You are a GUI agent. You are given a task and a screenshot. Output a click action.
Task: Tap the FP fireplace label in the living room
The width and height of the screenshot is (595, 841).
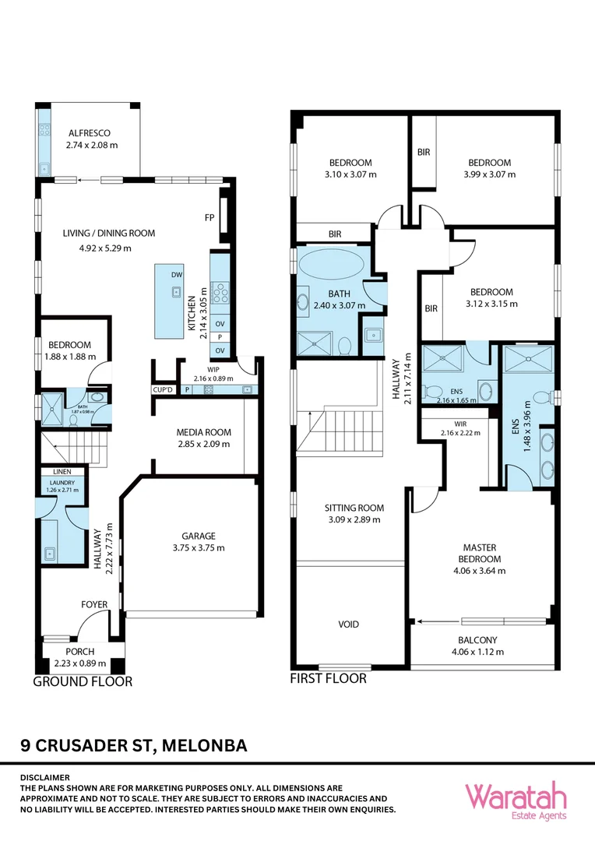coord(209,217)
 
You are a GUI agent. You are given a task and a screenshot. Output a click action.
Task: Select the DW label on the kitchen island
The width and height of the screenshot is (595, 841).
coord(177,275)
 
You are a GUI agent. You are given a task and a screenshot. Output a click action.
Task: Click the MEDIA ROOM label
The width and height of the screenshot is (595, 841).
coord(204,432)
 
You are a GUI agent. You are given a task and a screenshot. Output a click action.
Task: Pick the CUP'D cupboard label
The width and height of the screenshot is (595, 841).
coord(163,389)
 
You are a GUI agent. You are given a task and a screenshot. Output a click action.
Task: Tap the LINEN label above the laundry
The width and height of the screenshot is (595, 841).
coord(62,472)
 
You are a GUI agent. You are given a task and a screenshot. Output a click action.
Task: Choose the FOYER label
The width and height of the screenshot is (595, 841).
coord(94,604)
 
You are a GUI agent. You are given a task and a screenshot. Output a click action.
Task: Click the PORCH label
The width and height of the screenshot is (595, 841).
coord(80,652)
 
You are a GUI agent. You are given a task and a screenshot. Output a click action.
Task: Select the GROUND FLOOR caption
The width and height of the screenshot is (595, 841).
coord(83,681)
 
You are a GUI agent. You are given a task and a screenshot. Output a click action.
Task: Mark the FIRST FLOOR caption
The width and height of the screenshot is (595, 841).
coord(328,678)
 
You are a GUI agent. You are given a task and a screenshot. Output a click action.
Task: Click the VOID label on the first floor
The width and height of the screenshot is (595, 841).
coord(349,625)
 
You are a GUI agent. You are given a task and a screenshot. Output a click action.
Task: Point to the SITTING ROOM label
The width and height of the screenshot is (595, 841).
coord(354,508)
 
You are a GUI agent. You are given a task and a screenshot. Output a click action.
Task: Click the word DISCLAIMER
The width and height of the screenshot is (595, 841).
coord(45,777)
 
